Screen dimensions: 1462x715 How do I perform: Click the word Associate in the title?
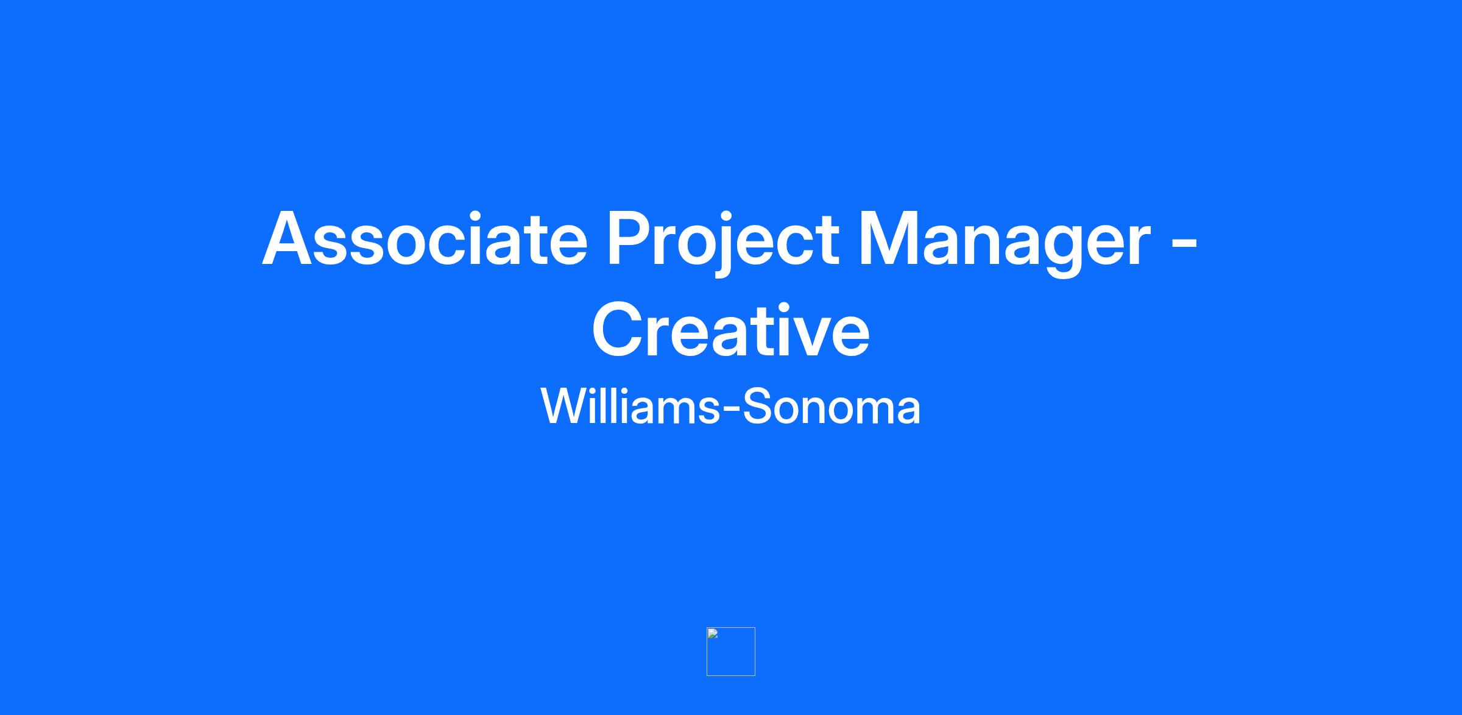[425, 238]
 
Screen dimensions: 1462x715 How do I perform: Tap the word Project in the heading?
[722, 243]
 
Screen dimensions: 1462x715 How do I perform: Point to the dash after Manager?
[1185, 244]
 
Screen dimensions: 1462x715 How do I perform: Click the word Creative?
[731, 330]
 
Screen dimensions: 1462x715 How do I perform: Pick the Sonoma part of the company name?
[832, 406]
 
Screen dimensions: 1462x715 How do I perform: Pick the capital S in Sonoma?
[758, 406]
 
